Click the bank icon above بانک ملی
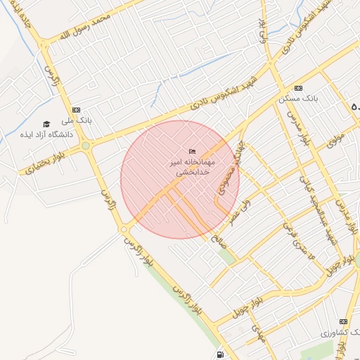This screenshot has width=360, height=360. tap(76, 110)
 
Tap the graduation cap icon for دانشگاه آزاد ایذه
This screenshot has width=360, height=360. tap(46, 124)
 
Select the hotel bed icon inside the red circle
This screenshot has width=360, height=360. tap(192, 152)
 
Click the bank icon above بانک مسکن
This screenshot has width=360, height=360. tap(299, 88)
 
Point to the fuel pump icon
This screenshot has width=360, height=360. tap(222, 354)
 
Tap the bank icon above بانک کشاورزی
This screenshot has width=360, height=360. tap(343, 321)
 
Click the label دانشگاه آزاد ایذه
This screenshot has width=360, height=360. tap(47, 134)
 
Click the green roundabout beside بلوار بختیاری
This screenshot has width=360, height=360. tap(86, 146)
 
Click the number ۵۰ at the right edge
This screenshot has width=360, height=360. tap(355, 107)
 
